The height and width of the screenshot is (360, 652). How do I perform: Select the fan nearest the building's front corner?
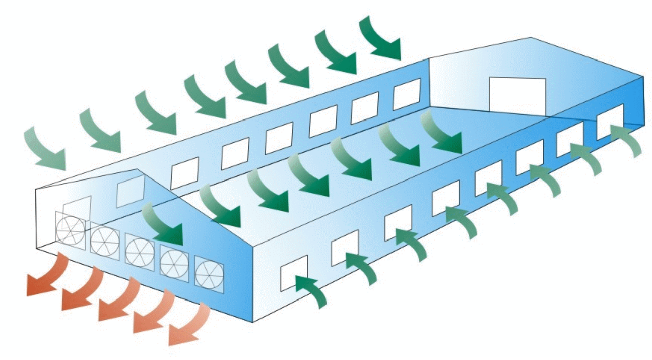(209, 275)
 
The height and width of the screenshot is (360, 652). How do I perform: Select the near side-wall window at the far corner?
(610, 122)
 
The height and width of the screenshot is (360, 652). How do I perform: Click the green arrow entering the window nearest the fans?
(310, 289)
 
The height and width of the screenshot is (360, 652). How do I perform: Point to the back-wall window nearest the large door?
(406, 94)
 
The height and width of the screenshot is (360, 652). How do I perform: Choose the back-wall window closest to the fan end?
(184, 173)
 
